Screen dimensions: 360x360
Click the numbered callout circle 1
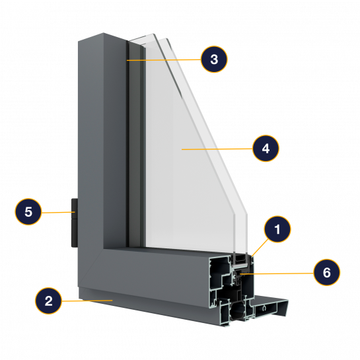click(277, 229)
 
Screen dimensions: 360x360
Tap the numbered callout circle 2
click(48, 301)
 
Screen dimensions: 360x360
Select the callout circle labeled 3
click(214, 59)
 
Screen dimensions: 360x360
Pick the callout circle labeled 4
click(266, 149)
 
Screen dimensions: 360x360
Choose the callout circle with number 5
click(28, 211)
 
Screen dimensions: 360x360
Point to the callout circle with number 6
click(327, 272)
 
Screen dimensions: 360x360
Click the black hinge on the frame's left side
click(75, 223)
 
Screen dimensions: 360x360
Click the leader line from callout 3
click(164, 60)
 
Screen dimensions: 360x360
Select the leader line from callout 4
click(217, 149)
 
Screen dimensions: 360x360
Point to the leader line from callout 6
click(277, 273)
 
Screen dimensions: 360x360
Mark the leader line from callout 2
click(87, 301)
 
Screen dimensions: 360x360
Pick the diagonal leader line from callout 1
click(260, 248)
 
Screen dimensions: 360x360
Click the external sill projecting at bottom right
click(271, 306)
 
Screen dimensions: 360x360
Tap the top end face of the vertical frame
click(102, 37)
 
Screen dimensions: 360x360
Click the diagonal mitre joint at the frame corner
click(90, 268)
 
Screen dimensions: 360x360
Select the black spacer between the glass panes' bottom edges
click(240, 258)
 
